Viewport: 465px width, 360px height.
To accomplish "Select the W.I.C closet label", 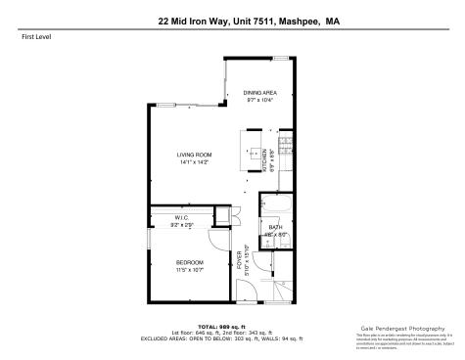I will click(182, 217).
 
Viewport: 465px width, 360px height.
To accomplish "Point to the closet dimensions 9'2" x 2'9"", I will click(182, 225).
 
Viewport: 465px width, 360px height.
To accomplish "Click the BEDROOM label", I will click(190, 262).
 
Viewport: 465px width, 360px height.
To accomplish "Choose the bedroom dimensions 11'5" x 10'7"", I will click(190, 270).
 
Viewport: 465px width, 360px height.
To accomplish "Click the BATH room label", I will click(275, 227).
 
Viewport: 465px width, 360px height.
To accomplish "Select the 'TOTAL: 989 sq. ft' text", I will click(231, 326).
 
